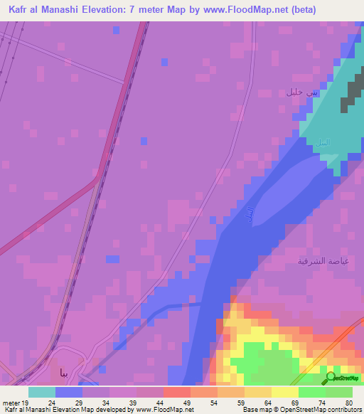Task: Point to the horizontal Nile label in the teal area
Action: (x=322, y=142)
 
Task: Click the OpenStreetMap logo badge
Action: (x=343, y=378)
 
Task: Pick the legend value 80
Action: (x=348, y=402)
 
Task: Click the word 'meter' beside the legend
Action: (x=10, y=402)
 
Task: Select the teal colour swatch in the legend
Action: (x=41, y=392)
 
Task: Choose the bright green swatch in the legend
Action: (x=311, y=392)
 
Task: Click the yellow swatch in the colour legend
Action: (x=284, y=392)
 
